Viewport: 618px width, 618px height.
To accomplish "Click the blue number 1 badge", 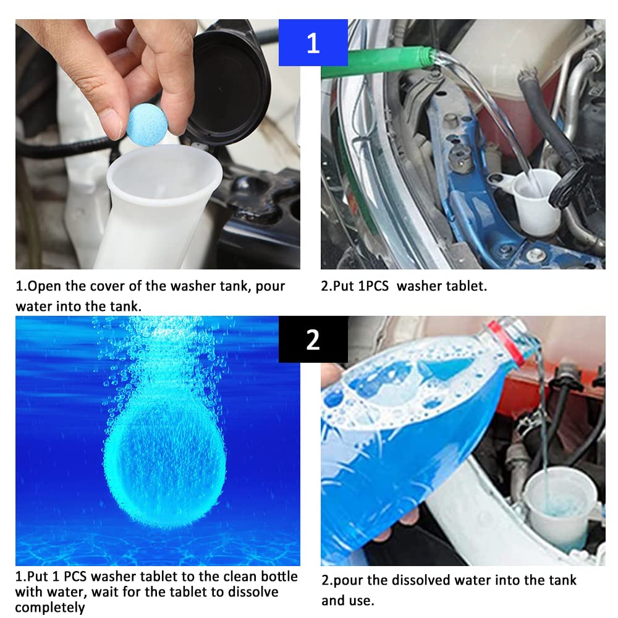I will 313,43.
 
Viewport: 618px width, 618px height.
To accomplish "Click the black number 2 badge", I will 313,339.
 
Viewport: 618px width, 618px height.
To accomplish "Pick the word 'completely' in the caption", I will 50,608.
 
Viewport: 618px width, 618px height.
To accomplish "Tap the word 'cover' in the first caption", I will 116,287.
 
